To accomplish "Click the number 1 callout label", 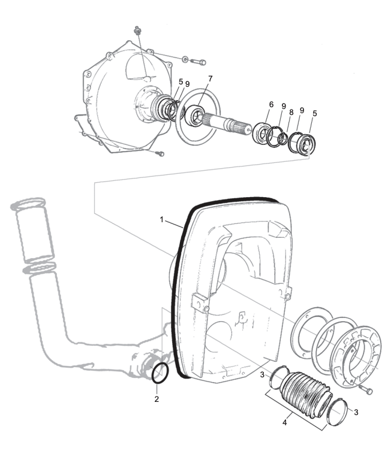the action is pos(162,220).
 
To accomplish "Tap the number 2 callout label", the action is pos(157,399).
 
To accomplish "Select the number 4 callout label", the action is pos(285,423).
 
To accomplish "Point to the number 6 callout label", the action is pos(271,104).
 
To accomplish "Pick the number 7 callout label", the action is pos(210,78).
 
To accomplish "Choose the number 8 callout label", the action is pos(291,113).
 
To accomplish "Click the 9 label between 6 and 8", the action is pos(284,106).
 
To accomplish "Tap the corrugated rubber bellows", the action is pos(307,395).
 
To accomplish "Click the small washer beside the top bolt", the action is pos(185,59).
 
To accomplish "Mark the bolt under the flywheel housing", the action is pos(161,154).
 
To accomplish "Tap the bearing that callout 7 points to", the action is pos(195,115).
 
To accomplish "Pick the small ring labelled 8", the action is pos(282,139).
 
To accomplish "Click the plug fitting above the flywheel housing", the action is pos(138,30).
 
